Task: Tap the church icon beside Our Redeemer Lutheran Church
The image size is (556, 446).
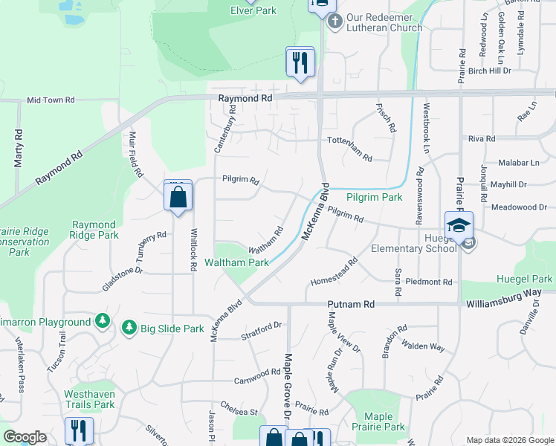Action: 334,21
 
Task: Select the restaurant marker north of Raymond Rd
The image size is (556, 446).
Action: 300,62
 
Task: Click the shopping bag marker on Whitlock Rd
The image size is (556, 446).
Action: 178,197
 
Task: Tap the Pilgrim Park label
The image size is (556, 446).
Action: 375,197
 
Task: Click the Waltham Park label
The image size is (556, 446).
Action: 237,262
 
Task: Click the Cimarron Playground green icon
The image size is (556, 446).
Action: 103,322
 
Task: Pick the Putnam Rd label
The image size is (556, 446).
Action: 352,304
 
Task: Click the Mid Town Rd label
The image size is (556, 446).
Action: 51,100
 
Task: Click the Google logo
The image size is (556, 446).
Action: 25,437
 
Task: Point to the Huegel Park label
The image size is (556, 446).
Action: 526,279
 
